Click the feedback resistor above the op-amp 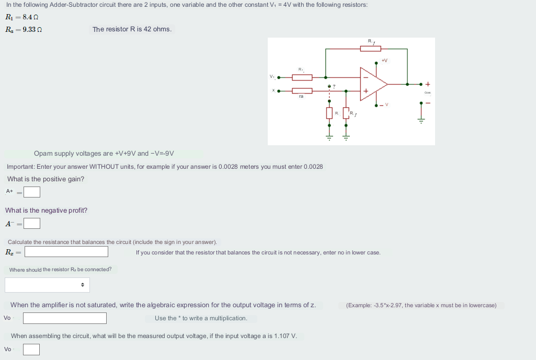coord(370,49)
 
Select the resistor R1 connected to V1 coord(302,77)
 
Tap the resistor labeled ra coord(302,91)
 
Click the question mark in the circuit coord(334,86)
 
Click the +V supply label coord(384,61)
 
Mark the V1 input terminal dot coord(279,77)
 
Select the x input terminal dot coord(279,91)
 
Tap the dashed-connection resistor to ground coord(329,113)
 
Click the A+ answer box coord(31,192)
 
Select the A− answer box coord(31,224)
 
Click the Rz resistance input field coord(66,252)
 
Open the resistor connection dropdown coord(48,285)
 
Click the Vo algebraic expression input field coord(65,318)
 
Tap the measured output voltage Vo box coord(31,349)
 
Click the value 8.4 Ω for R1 coord(30,18)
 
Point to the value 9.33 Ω coord(31,30)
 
